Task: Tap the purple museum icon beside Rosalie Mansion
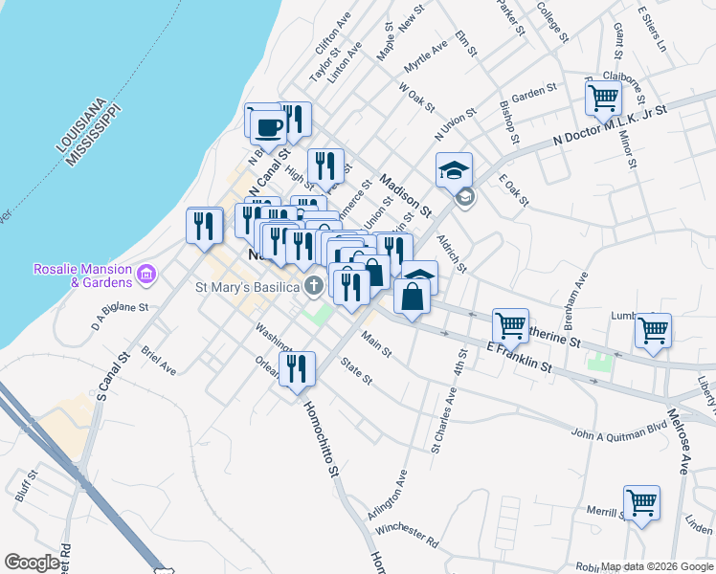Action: tap(145, 276)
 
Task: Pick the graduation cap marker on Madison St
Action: tap(454, 170)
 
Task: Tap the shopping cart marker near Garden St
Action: tap(603, 97)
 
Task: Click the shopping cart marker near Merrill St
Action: tap(641, 502)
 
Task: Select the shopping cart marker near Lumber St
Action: tap(653, 330)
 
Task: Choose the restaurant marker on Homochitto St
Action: tap(298, 367)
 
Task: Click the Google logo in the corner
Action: tap(32, 563)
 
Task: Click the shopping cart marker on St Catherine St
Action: tap(509, 326)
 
